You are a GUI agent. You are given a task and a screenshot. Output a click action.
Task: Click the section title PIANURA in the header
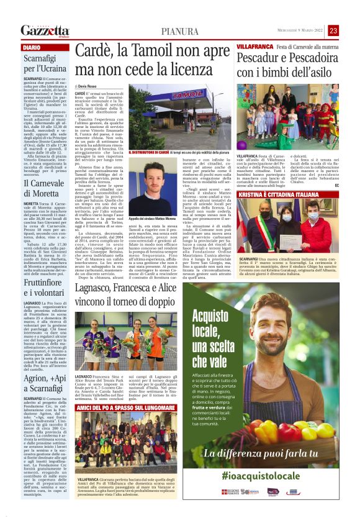click(180, 31)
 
